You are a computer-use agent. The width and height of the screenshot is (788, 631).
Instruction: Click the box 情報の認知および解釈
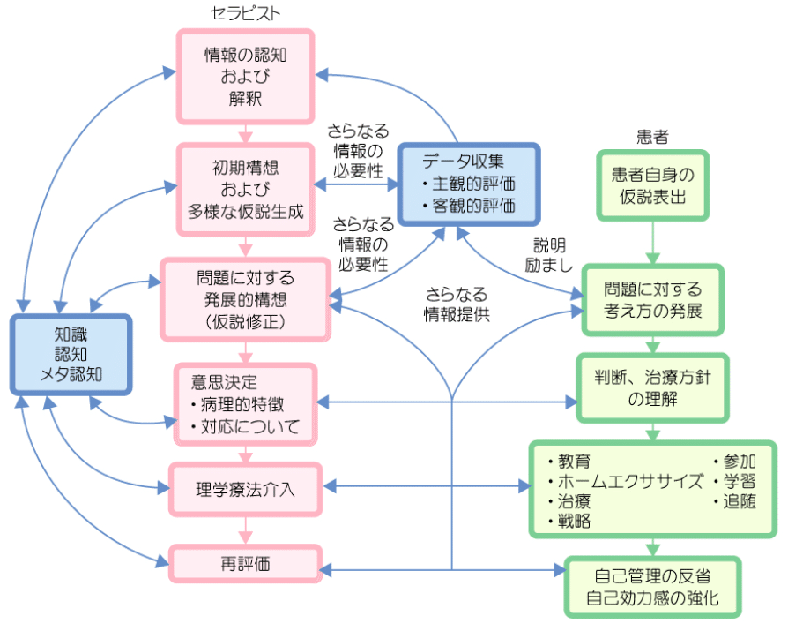[x=246, y=77]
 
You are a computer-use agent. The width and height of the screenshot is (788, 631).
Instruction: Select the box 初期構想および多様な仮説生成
[x=246, y=189]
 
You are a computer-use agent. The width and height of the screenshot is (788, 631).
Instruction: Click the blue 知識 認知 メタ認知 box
[x=71, y=354]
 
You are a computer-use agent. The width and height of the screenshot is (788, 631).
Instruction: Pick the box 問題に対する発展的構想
[x=245, y=298]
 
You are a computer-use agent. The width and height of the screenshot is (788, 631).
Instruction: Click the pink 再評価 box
[x=244, y=563]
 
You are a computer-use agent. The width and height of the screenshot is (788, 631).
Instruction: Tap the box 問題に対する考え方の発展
[x=652, y=300]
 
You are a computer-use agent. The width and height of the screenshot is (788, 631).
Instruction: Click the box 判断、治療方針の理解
[x=652, y=388]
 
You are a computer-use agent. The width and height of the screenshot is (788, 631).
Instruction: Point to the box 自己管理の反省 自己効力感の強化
[x=652, y=588]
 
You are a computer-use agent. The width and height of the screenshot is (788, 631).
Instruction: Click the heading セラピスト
[x=246, y=14]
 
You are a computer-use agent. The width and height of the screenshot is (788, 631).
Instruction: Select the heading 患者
[x=652, y=136]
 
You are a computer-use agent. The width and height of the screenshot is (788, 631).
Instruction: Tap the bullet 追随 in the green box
[x=735, y=501]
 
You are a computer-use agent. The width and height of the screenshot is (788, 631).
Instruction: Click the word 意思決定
[x=224, y=382]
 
